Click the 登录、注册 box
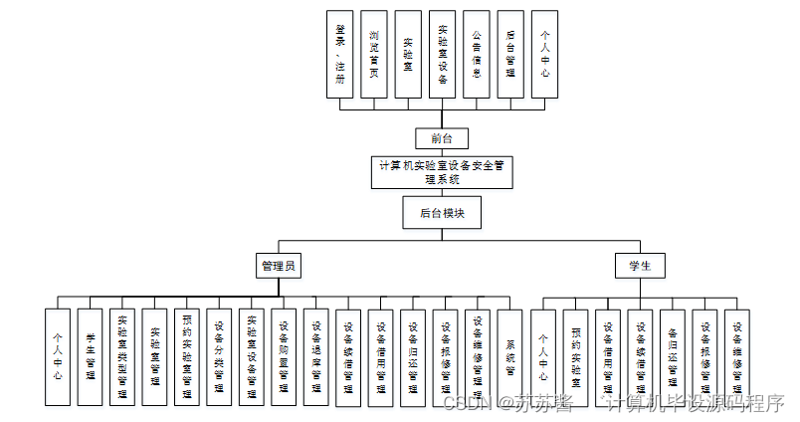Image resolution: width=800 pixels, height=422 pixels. click(x=340, y=54)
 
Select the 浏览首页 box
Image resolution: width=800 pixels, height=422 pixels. click(x=374, y=54)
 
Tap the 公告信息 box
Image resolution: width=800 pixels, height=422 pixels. click(x=477, y=54)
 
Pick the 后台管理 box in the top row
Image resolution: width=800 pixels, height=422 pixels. click(x=510, y=54)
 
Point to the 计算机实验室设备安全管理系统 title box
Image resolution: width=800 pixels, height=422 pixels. click(x=442, y=172)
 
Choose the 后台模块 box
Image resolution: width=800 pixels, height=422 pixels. click(x=442, y=212)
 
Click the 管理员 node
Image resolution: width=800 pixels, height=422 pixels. click(x=279, y=266)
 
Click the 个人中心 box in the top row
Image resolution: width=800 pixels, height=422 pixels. click(x=544, y=54)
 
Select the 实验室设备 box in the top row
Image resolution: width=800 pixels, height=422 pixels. click(x=442, y=54)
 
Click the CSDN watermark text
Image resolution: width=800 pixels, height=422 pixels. click(x=468, y=403)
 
